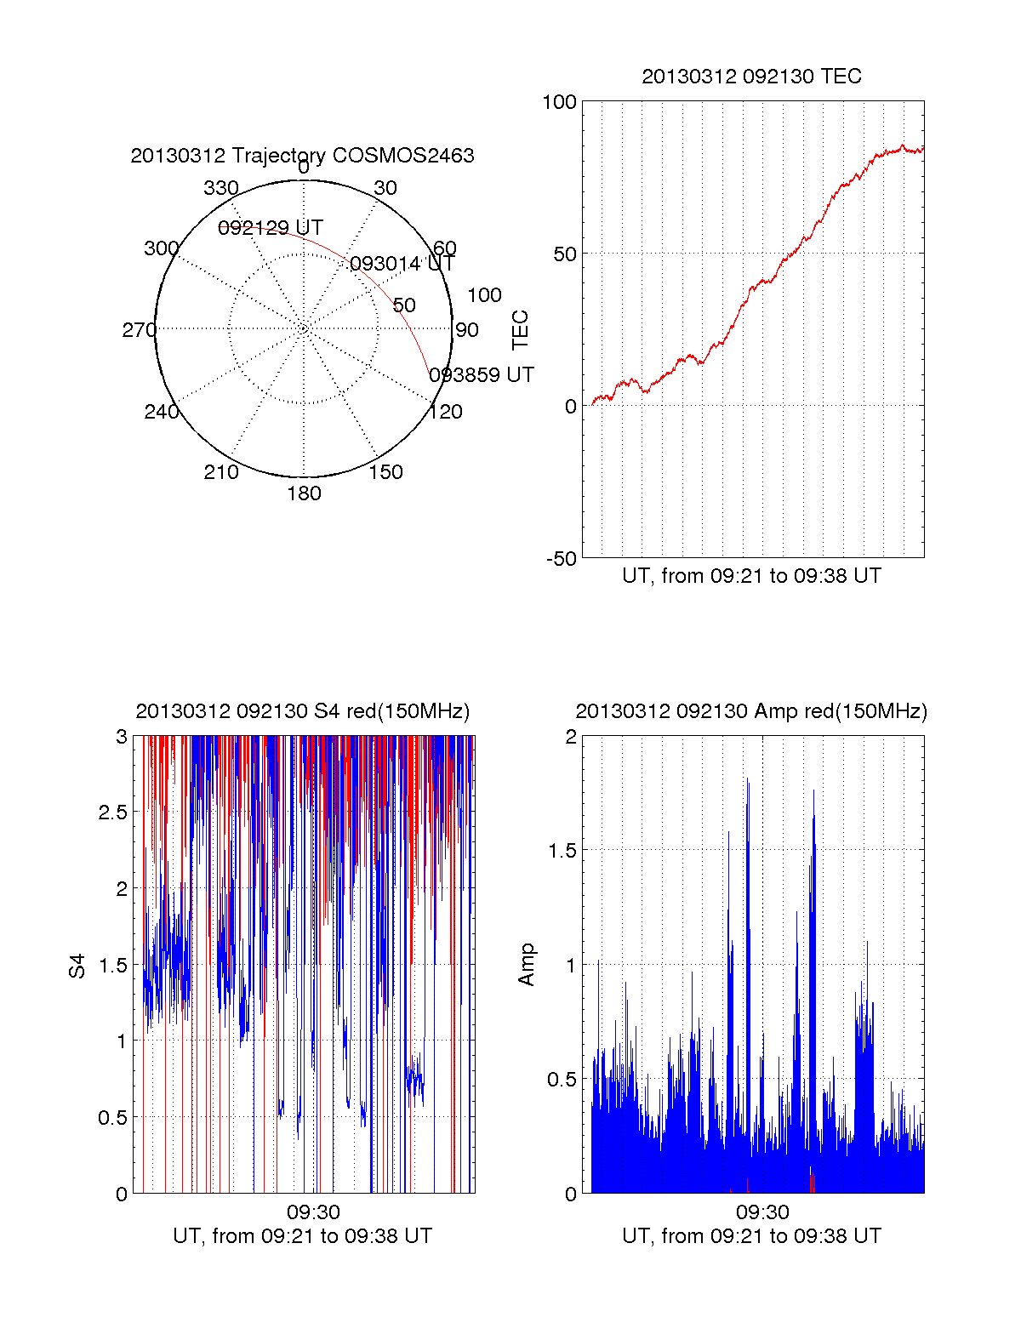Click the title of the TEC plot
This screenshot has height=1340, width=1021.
pyautogui.click(x=751, y=77)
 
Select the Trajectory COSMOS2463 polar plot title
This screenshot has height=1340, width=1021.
pyautogui.click(x=302, y=156)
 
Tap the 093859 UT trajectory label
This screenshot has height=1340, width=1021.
pyautogui.click(x=482, y=375)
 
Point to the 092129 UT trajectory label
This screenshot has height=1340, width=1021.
pyautogui.click(x=271, y=228)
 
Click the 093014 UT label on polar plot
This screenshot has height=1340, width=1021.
pyautogui.click(x=402, y=264)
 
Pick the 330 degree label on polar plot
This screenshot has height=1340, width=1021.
pyautogui.click(x=220, y=188)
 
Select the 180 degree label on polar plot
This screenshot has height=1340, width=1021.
pyautogui.click(x=304, y=493)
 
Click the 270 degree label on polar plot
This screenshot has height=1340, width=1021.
pyautogui.click(x=139, y=330)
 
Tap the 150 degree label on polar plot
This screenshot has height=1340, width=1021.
pyautogui.click(x=385, y=472)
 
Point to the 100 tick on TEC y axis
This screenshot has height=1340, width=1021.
pyautogui.click(x=559, y=102)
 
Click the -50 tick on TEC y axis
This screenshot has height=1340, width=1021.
pyautogui.click(x=561, y=559)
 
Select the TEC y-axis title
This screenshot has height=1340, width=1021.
pyautogui.click(x=520, y=330)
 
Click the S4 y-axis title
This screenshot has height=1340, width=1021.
pyautogui.click(x=77, y=966)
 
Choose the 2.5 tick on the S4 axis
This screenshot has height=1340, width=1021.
pyautogui.click(x=113, y=813)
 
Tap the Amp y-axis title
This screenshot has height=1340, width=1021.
pyautogui.click(x=527, y=965)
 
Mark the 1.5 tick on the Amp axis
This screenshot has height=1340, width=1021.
pyautogui.click(x=562, y=851)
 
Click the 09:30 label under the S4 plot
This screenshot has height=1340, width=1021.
pyautogui.click(x=313, y=1212)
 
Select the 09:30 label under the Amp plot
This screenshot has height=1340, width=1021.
pyautogui.click(x=762, y=1212)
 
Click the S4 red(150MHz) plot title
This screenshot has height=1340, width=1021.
pyautogui.click(x=302, y=711)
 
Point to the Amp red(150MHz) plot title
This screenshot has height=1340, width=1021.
pyautogui.click(x=751, y=711)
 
